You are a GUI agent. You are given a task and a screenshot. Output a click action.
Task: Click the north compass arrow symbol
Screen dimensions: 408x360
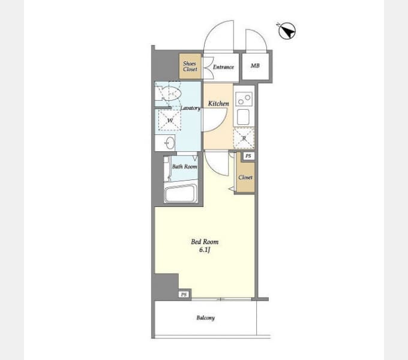(287, 31)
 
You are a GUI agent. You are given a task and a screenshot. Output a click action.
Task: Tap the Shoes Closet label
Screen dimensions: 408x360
(190, 67)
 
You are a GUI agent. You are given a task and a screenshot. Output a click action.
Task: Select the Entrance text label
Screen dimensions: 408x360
(223, 67)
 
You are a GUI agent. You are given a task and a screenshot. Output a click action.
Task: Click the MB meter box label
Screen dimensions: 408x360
(255, 66)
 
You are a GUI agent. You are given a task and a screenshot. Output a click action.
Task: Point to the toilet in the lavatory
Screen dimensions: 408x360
(168, 94)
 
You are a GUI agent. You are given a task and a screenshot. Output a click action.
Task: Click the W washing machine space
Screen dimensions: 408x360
(170, 120)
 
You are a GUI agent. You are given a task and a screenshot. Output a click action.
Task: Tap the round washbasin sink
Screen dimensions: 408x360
(170, 143)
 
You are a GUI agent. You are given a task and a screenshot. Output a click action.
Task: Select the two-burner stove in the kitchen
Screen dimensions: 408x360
(244, 99)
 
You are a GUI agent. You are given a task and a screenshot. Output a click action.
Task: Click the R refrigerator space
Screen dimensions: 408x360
(244, 139)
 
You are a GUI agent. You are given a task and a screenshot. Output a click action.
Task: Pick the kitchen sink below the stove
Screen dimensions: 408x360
(243, 117)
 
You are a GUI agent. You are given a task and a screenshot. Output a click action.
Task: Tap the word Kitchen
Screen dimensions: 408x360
(218, 104)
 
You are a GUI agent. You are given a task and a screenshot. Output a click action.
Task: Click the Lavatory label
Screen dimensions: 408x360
(190, 108)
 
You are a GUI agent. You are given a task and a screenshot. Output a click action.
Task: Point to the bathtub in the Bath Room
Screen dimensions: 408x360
(181, 193)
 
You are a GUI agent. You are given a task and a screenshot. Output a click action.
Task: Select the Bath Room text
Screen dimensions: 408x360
(184, 166)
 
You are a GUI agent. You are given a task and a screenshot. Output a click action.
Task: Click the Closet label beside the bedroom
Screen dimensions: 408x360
(245, 178)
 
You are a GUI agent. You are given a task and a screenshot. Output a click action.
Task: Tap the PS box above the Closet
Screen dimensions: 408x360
(248, 156)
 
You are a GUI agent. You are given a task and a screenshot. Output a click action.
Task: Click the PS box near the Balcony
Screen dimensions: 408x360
(184, 295)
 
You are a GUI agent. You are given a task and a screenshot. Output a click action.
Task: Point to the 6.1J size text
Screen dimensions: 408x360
(205, 250)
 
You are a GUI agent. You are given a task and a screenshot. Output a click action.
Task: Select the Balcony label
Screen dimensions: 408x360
(206, 318)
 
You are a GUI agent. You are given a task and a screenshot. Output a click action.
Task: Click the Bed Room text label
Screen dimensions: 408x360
(205, 242)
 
